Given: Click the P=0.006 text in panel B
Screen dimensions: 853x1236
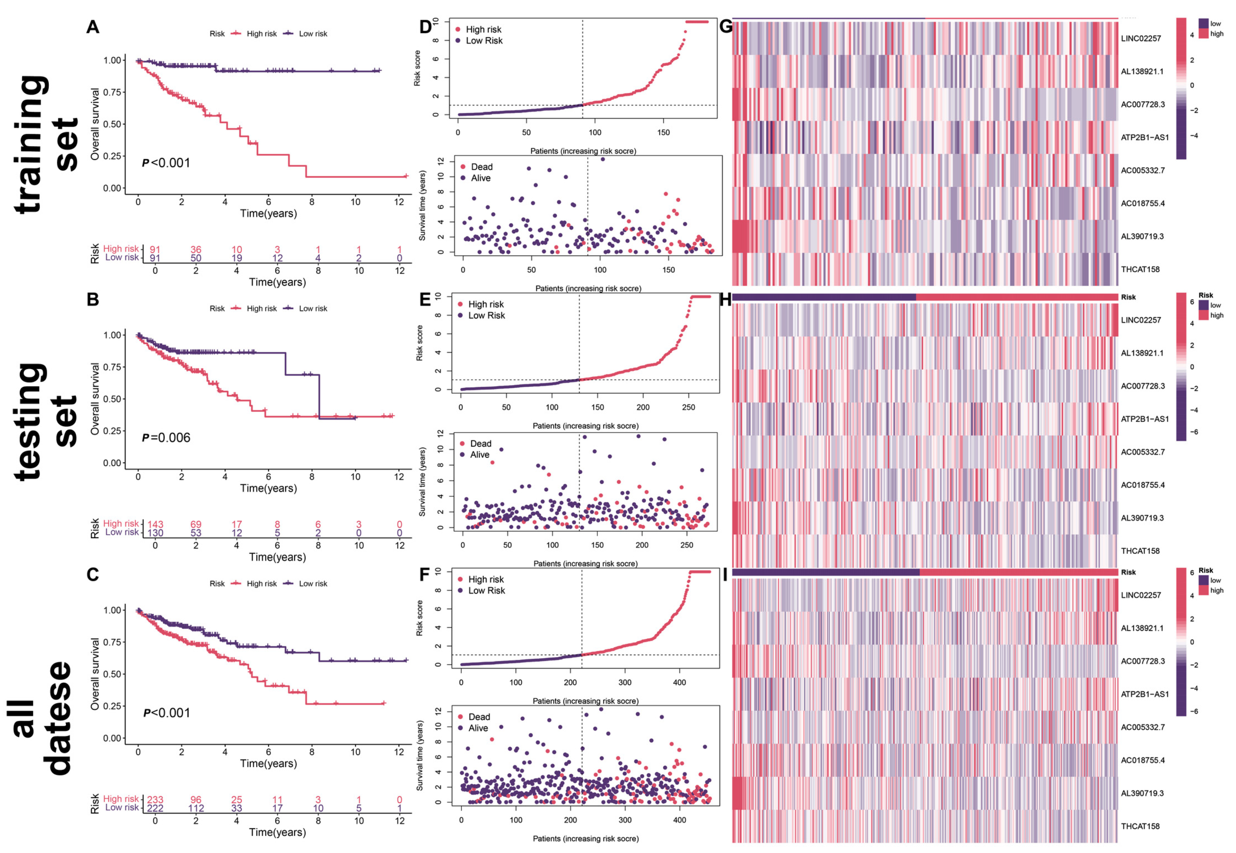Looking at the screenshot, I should coord(166,438).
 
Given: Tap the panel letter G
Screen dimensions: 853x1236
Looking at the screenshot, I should coord(726,26).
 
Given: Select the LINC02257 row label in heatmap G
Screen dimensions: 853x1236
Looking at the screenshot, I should coord(1140,39).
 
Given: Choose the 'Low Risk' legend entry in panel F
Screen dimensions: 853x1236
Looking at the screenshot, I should coord(486,591).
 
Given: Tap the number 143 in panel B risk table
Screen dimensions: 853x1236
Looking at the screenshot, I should coord(155,524).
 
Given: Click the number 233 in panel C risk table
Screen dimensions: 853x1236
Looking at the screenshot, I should coord(155,800).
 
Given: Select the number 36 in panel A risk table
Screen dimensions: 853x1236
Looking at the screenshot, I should coord(196,249).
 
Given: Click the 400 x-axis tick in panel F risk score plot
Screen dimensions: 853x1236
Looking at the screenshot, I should coord(679,683).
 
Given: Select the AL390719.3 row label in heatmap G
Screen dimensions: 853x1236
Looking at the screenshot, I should coord(1141,236).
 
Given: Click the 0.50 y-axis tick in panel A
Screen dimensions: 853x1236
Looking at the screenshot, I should coord(112,124).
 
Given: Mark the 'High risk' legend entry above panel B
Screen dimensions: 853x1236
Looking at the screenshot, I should coord(261,309).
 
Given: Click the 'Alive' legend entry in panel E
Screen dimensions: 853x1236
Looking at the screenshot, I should coord(479,455).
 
